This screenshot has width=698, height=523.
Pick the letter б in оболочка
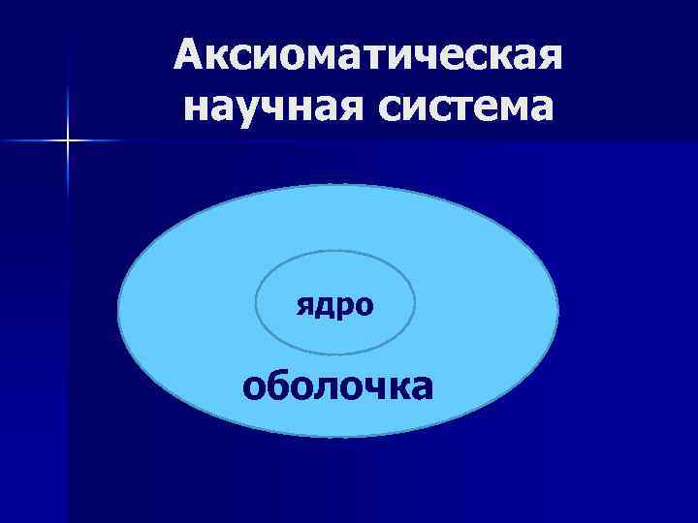coord(283,385)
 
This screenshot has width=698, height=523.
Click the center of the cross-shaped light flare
coord(69,141)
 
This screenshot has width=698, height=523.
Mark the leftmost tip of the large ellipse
coord(118,311)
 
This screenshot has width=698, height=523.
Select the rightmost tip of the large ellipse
coord(558,311)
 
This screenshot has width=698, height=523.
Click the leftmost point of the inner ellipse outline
coord(255,302)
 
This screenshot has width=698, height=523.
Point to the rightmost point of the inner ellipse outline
coord(415,302)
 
